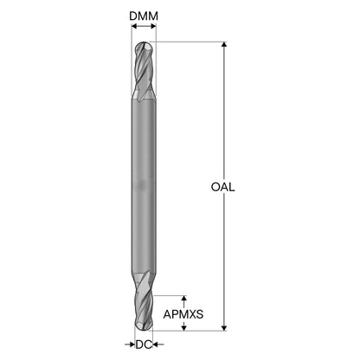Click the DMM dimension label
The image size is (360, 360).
pos(144,16)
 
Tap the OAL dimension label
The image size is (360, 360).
pos(222,187)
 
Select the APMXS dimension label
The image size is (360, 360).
pos(183,314)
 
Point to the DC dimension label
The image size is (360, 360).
pos(144,344)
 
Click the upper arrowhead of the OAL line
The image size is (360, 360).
pos(224,45)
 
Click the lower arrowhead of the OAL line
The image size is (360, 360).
pos(224,328)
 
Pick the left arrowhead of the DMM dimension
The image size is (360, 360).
pos(134,26)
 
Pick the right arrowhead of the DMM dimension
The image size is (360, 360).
pos(153,26)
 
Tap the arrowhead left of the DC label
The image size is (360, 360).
pos(132,344)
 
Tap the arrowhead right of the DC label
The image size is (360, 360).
pos(156,344)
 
